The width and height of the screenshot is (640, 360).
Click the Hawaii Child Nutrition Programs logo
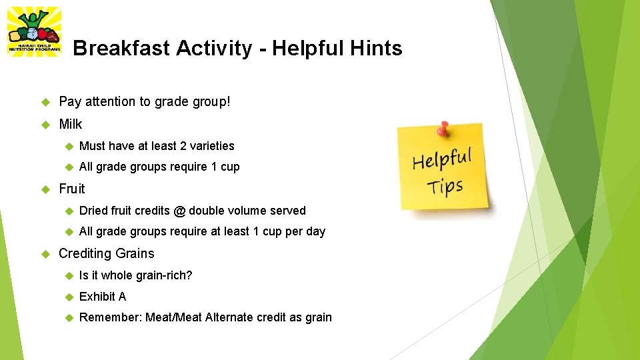point(33,31)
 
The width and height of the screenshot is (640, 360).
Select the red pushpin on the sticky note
point(442,127)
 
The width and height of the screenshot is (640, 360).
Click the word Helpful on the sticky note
point(441,160)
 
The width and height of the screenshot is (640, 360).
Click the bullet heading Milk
point(71,124)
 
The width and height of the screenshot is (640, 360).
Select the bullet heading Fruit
point(72,189)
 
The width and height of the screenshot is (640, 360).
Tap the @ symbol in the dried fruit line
point(179,211)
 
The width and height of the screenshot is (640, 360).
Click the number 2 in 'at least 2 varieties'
point(183,146)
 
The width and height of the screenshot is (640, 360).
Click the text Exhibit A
point(103,297)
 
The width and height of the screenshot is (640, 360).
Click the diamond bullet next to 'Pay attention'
point(46,102)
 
